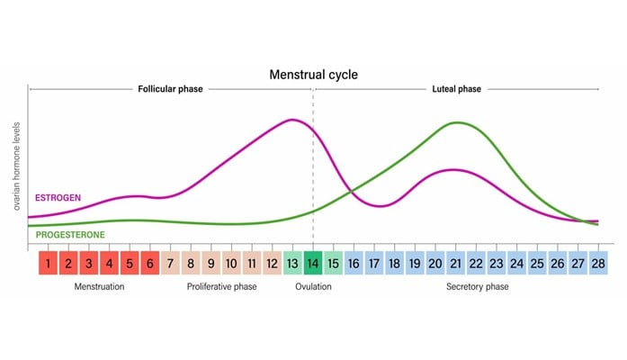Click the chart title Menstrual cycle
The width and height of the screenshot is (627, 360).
[x=314, y=74]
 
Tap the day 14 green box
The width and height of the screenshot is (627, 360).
[x=312, y=264]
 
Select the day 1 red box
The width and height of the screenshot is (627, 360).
[x=48, y=264]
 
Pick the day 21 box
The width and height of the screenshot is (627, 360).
[x=455, y=264]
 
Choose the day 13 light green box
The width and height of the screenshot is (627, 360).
[x=292, y=264]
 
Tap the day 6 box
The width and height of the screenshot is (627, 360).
[x=149, y=264]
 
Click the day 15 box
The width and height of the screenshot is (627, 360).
[x=333, y=264]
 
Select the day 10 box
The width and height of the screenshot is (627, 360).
[x=231, y=264]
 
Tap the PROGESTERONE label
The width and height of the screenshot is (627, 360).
[x=70, y=235]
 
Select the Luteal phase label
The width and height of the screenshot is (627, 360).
[x=456, y=89]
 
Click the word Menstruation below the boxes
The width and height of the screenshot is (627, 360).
[x=99, y=287]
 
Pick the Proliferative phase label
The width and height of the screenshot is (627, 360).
[x=221, y=287]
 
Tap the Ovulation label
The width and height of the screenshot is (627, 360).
[x=313, y=287]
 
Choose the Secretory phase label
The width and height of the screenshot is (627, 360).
[x=477, y=287]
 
